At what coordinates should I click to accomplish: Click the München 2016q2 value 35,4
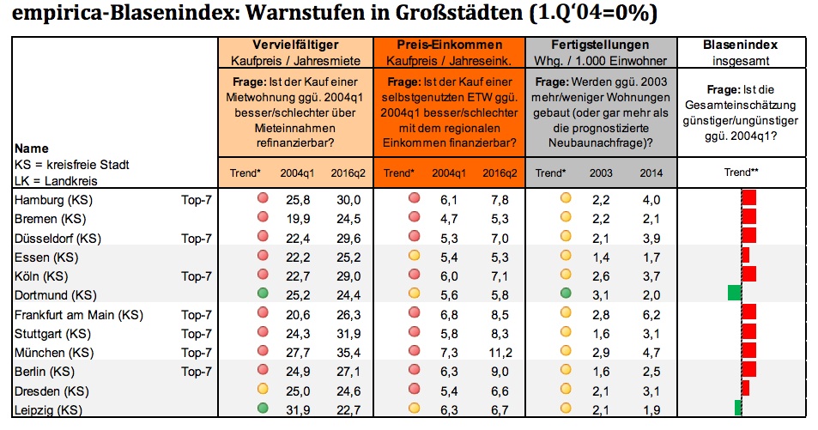coord(348,353)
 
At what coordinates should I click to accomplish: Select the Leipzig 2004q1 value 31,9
coord(298,410)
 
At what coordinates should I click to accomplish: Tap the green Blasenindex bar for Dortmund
coord(735,293)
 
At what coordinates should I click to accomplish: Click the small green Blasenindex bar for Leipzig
coord(737,408)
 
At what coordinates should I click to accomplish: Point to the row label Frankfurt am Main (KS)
coord(79,315)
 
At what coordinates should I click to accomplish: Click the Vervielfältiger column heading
coord(295,45)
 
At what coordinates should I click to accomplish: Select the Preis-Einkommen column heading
coord(449,45)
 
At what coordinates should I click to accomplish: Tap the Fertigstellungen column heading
coord(600,45)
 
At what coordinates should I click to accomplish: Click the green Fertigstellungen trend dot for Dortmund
coord(566,293)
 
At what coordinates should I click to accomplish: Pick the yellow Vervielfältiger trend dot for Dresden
coord(263,389)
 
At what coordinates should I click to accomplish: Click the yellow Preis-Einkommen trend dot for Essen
coord(415,255)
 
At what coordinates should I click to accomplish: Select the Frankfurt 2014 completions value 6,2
coord(651,315)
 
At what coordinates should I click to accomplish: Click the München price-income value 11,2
coord(500,353)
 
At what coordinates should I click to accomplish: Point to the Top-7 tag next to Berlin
coord(197,372)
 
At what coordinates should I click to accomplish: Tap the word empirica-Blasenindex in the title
coord(124,13)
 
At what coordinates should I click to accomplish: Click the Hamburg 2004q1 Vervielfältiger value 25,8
coord(298,200)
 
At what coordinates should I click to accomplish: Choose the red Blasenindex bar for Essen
coord(746,255)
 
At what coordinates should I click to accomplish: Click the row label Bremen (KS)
coord(50,219)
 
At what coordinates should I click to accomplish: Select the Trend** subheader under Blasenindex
coord(741,173)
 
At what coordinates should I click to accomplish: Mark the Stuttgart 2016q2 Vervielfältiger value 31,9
coord(348,334)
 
